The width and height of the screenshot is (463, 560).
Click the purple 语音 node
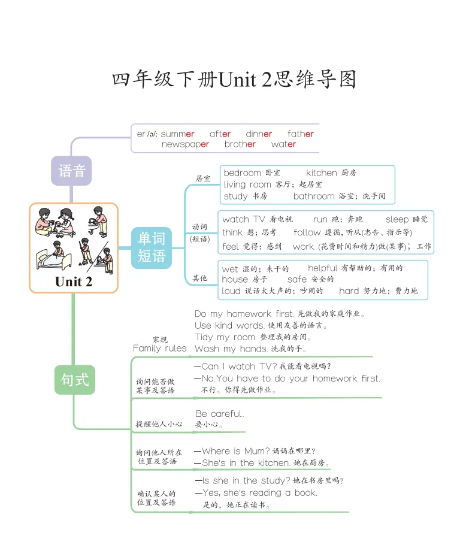[71, 171]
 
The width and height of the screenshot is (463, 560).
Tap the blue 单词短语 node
[151, 247]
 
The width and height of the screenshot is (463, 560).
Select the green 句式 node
[75, 379]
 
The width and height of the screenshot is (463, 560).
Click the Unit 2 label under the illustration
[74, 281]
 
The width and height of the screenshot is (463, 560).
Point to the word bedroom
[242, 173]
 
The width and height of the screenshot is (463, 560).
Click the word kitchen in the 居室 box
[322, 173]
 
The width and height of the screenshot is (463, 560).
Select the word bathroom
[314, 196]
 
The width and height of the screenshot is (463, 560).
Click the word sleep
[397, 220]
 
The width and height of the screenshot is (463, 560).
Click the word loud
[231, 291]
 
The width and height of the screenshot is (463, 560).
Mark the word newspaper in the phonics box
[185, 144]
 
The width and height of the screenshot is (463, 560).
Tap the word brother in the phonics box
[240, 144]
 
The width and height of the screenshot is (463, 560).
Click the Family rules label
[159, 348]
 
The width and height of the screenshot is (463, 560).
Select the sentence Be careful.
[220, 414]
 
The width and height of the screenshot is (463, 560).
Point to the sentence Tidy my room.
[220, 337]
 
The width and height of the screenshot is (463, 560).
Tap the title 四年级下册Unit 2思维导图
[234, 80]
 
